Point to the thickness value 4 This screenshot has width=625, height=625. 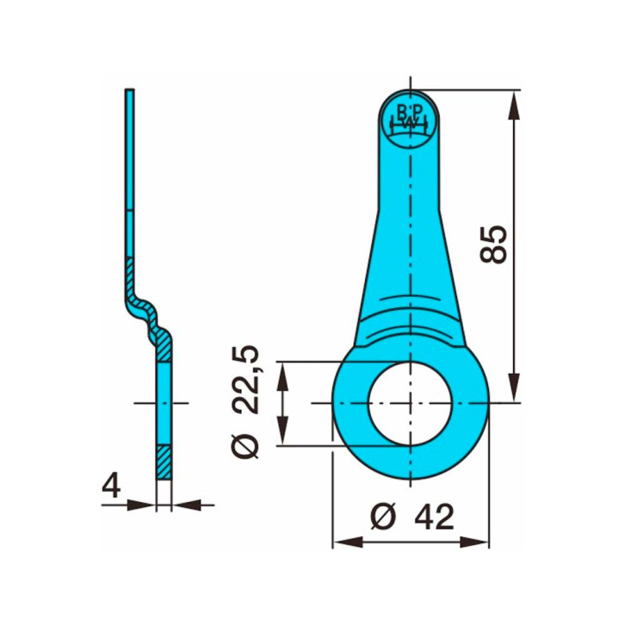tap(110, 487)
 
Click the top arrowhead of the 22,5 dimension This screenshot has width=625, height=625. tap(281, 372)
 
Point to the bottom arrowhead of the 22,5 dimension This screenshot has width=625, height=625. tap(281, 435)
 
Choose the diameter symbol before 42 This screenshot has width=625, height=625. tap(382, 517)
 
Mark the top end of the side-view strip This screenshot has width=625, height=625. tap(129, 92)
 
